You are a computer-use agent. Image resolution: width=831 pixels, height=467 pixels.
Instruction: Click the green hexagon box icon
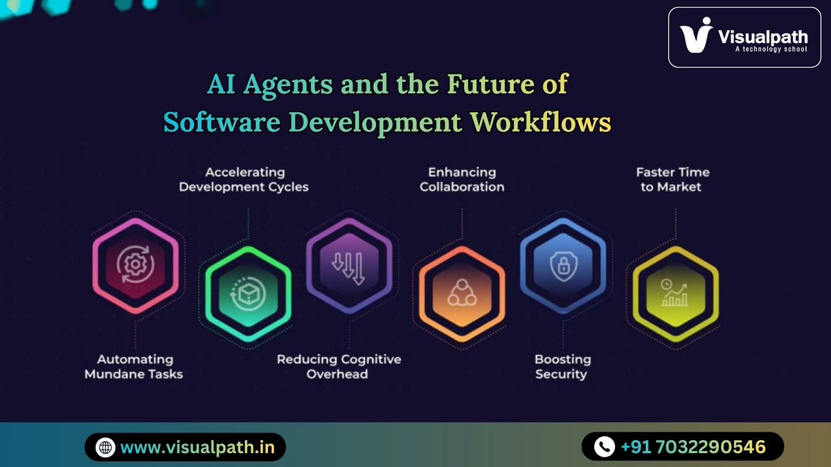(x=247, y=294)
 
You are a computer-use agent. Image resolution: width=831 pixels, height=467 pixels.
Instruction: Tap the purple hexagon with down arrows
(x=349, y=265)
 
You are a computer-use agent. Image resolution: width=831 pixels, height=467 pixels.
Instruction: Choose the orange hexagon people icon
(x=458, y=295)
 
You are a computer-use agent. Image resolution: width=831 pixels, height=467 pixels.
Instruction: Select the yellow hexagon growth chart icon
(x=674, y=295)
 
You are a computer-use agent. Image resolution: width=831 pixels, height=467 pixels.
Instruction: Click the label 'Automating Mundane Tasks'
(x=135, y=367)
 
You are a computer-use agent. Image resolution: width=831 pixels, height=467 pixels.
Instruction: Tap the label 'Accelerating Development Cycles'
(x=244, y=179)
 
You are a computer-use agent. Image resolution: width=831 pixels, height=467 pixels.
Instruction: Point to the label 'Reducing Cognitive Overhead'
(x=339, y=367)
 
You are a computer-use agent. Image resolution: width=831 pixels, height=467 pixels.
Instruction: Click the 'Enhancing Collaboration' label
(x=462, y=179)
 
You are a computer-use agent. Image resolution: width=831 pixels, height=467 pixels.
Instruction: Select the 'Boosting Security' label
(x=562, y=367)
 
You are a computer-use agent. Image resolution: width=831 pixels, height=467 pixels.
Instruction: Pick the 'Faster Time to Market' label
(x=672, y=179)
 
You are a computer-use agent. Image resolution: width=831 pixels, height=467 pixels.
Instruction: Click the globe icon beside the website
(x=105, y=448)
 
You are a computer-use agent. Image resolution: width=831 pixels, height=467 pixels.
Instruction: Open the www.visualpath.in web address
(x=197, y=448)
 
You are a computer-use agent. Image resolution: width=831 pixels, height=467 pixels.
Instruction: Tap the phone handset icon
(x=605, y=447)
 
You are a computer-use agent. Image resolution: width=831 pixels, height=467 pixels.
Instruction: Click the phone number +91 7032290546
(x=693, y=447)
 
